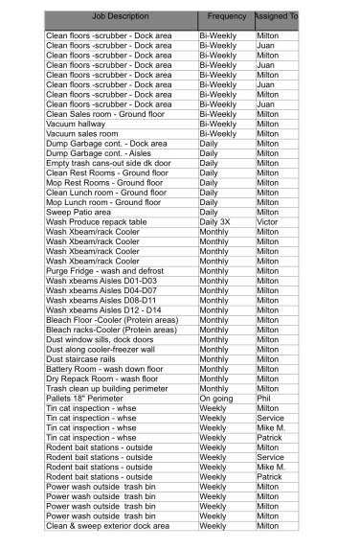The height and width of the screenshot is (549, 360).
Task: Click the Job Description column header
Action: pos(121,17)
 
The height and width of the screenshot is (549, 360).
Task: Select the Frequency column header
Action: pos(226,17)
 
